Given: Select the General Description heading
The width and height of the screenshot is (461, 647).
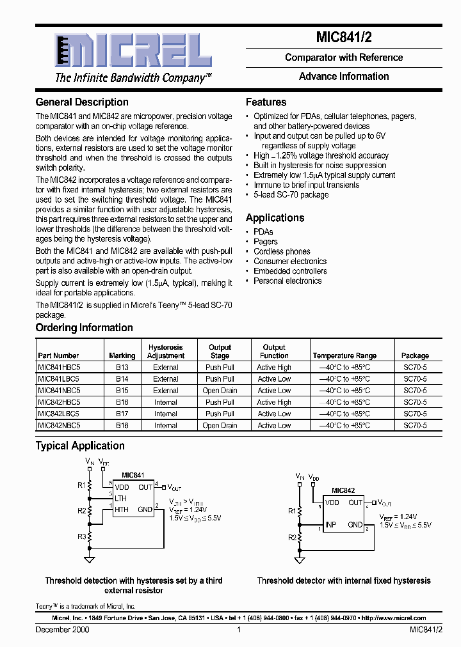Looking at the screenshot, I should pos(82,102).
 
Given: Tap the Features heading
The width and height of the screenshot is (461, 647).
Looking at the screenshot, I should pos(266,102).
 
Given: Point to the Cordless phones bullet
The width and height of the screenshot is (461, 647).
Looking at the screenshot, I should pos(282,252).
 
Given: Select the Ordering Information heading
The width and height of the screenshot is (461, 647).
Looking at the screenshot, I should pos(84,328).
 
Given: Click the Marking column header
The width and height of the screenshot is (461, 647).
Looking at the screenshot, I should pos(122,355).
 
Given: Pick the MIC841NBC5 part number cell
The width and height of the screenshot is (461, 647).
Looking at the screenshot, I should pos(59,391).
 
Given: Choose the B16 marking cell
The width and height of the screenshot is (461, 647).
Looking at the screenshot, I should pos(122,403).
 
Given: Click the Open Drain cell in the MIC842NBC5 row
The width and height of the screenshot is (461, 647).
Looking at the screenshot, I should pos(220,426).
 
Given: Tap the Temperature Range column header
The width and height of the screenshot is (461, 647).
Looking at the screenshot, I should pos(344,355).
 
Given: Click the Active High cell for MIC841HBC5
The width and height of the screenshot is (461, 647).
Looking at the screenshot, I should pos(274,368).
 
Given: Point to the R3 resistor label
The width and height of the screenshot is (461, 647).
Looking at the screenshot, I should pos(82,536).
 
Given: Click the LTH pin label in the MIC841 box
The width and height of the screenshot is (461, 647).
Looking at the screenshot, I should pos(121,498).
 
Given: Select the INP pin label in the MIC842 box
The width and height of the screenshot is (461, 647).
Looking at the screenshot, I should pos(330,525).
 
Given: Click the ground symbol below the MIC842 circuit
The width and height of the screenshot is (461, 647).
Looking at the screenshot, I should pos(300,561).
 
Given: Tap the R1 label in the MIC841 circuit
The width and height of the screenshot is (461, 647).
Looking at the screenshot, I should pos(82,485).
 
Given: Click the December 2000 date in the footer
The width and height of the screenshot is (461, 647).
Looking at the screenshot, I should pos(62,630).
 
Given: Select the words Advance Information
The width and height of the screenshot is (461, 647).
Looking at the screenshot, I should pos(344,77).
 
